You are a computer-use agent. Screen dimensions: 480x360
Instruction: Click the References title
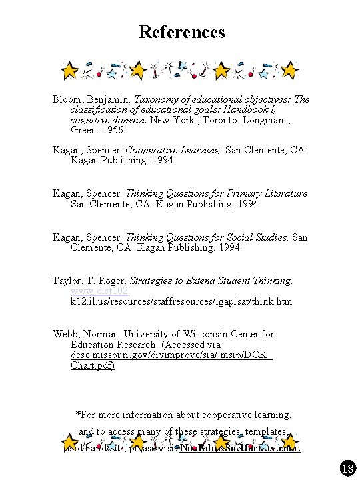(181, 31)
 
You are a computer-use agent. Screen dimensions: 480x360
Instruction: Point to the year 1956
(111, 130)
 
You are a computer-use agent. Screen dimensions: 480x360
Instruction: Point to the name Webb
(65, 334)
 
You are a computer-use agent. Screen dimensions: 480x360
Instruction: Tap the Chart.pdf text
(92, 365)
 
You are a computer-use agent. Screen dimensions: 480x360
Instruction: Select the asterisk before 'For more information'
(79, 413)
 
